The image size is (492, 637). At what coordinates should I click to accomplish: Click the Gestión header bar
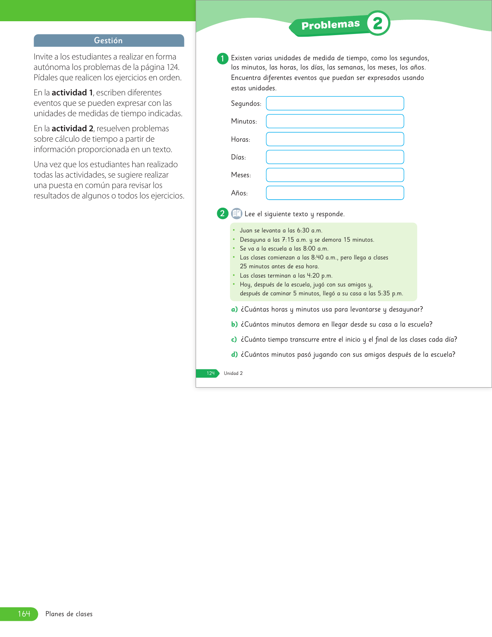coord(109,41)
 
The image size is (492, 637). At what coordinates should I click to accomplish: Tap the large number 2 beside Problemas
coord(377,24)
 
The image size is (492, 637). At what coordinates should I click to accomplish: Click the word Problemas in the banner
coord(330,25)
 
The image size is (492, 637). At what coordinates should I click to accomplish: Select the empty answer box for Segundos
coord(335,103)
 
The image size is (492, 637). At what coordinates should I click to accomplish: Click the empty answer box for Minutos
coord(335,121)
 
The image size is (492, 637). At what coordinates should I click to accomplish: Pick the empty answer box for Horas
coord(335,139)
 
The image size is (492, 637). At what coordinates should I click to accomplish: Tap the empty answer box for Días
coord(335,157)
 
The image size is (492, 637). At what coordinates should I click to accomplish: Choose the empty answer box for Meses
coord(335,175)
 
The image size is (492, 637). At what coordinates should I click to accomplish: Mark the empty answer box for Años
coord(335,193)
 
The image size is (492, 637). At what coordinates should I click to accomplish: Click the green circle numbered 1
coord(222,59)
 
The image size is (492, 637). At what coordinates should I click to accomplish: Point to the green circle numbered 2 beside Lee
coord(222,213)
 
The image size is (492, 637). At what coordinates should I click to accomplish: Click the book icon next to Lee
coord(236,213)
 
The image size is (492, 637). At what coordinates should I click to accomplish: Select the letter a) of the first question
coord(234,310)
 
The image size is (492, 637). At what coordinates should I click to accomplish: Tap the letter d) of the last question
coord(234,355)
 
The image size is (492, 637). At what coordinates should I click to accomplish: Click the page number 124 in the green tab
coord(210,373)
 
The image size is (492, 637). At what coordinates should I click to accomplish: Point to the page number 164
coord(24,614)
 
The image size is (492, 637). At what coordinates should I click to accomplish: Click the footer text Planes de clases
coord(69,614)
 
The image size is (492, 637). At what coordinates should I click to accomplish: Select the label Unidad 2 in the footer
coord(233,373)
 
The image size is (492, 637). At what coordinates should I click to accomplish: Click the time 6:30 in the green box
coord(303,230)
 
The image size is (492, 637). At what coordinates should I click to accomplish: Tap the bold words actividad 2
coord(73,129)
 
